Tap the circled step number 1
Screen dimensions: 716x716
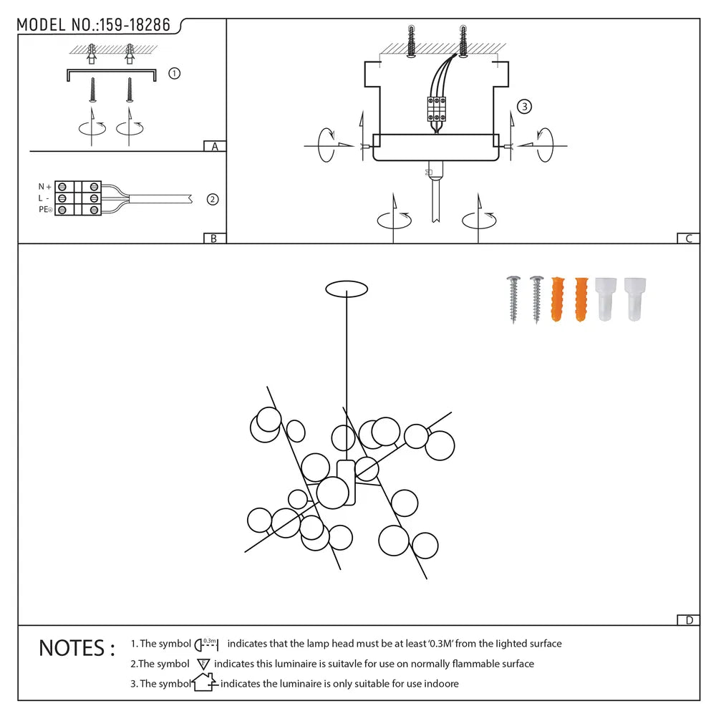174,74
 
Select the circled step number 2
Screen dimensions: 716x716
212,200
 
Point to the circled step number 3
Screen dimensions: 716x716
524,107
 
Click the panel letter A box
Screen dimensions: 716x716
214,147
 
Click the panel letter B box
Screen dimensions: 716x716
214,238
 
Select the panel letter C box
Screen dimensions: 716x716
688,238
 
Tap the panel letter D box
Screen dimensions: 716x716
688,620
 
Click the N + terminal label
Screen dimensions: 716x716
44,187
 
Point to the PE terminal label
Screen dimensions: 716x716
45,210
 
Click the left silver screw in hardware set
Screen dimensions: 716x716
513,299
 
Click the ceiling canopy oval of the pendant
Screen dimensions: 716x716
347,289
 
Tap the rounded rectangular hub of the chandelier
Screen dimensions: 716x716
346,483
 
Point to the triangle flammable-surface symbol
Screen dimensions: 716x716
203,664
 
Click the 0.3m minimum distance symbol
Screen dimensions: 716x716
207,644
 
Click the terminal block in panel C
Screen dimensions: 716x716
437,110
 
